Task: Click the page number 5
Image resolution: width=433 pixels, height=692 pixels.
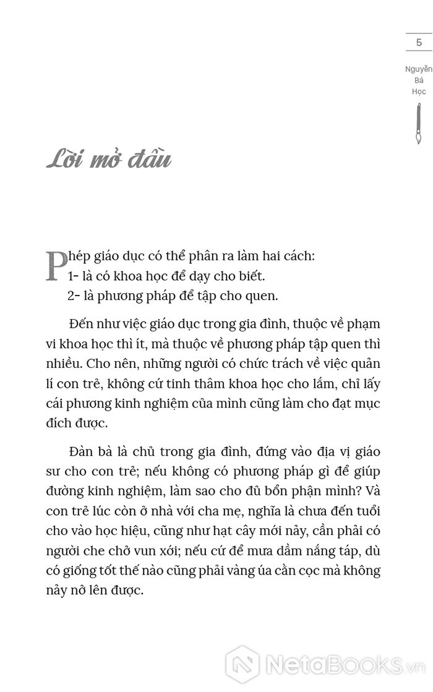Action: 419,43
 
